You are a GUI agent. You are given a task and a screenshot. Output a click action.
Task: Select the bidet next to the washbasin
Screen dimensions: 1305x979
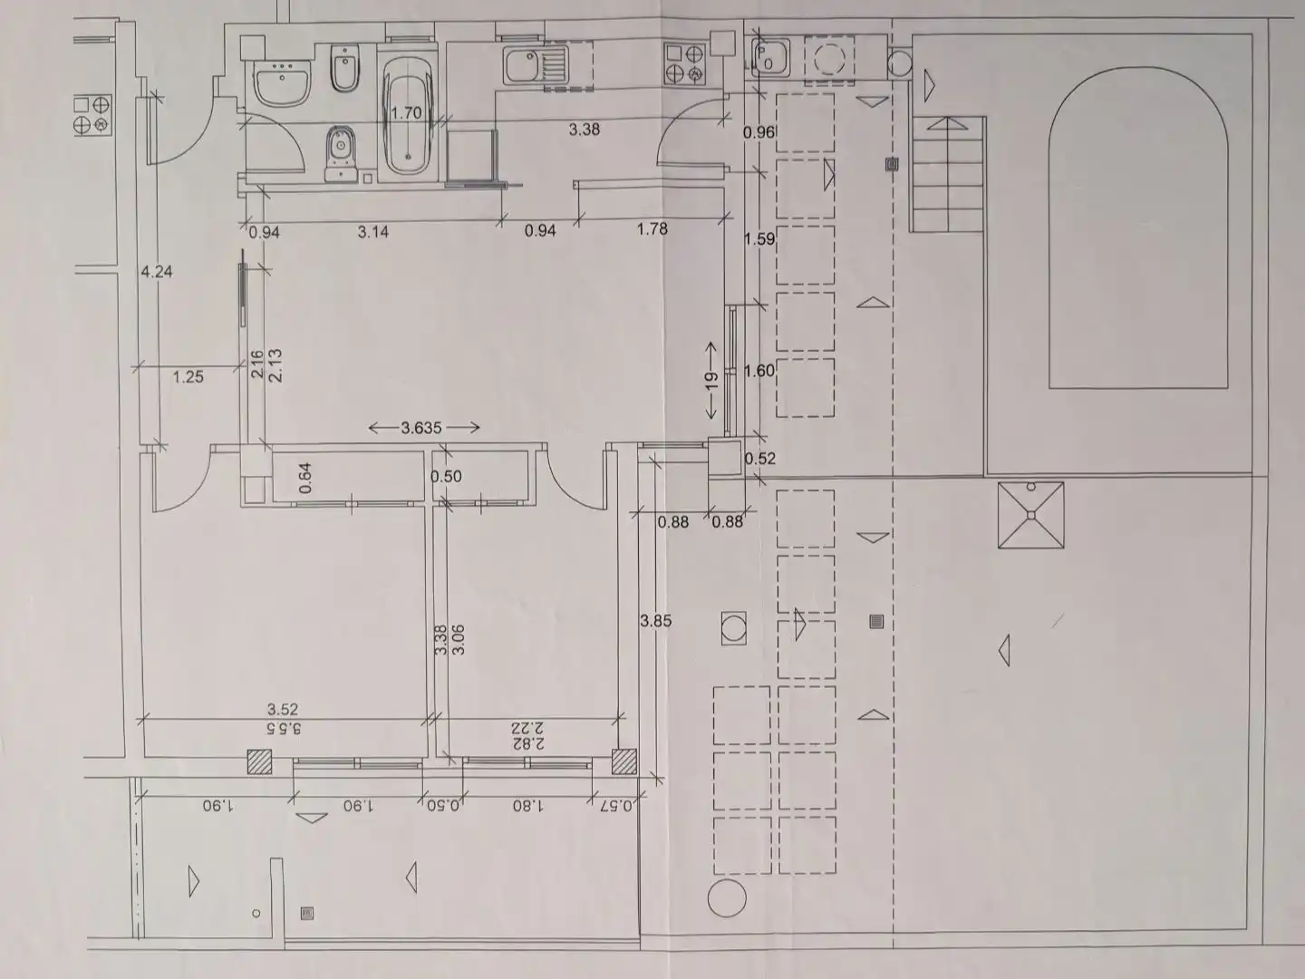click(x=344, y=68)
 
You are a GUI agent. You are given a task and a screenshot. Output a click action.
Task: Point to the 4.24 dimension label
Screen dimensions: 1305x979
click(x=157, y=272)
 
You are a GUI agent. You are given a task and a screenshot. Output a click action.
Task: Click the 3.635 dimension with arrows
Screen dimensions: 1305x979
click(x=423, y=427)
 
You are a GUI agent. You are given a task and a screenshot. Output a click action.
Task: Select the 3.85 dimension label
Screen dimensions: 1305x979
click(x=656, y=621)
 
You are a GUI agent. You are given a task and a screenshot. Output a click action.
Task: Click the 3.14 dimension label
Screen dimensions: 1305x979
click(x=373, y=231)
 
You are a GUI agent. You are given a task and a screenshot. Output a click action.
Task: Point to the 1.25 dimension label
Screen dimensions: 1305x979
click(x=188, y=376)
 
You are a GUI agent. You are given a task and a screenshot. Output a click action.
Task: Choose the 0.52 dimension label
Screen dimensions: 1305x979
click(x=759, y=459)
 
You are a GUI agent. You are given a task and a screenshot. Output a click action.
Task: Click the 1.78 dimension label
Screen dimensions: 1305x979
click(x=652, y=228)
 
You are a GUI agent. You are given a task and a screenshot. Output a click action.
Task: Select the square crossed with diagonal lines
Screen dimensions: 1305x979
click(x=1031, y=515)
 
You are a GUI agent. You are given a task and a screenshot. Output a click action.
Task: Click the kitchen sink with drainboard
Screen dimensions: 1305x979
click(x=536, y=64)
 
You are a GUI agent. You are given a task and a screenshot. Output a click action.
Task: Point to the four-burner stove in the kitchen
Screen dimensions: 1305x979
click(x=684, y=63)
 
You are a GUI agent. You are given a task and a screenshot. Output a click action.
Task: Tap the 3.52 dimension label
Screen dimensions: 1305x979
click(x=283, y=709)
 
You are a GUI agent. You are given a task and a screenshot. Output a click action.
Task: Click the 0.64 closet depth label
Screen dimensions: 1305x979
click(x=305, y=478)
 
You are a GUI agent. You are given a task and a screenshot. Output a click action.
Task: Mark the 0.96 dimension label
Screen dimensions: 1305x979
click(x=759, y=132)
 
